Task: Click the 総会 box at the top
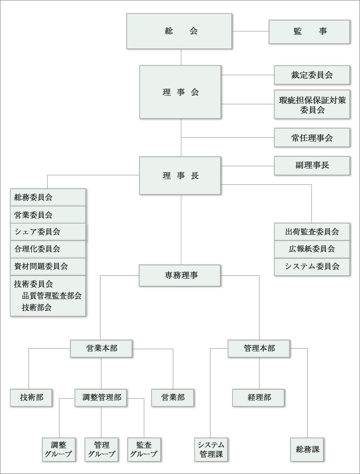coord(180,31)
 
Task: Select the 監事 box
coord(310,32)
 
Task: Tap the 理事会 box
coord(180,92)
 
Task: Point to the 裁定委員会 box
coord(312,75)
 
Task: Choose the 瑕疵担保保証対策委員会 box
coord(312,104)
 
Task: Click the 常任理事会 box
coord(312,138)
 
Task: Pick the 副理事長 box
coord(312,165)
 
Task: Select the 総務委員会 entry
coord(48,197)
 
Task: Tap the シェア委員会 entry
coord(48,232)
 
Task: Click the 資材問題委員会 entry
coord(48,266)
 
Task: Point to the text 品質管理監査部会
coord(51,295)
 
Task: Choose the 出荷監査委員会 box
coord(312,232)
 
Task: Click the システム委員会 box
coord(312,266)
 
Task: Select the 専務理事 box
coord(180,275)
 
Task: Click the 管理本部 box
coord(259,348)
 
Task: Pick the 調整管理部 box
coord(101,397)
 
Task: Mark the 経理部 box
coord(259,397)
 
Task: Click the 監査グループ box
coord(143,449)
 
